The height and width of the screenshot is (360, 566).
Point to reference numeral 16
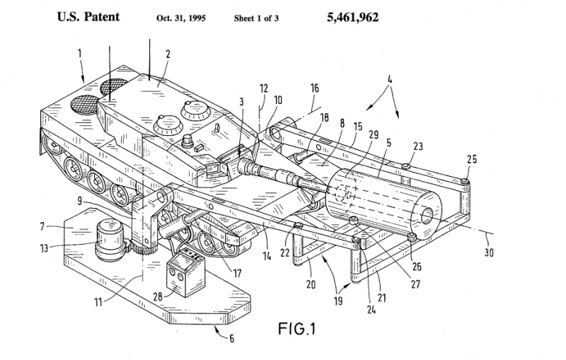314,88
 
